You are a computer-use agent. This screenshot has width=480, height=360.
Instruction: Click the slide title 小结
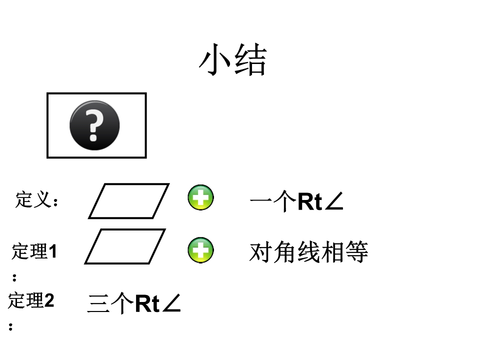click(x=232, y=59)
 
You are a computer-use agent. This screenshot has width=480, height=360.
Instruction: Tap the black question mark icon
click(x=94, y=125)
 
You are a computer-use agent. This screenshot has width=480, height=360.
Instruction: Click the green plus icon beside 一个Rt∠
click(x=201, y=197)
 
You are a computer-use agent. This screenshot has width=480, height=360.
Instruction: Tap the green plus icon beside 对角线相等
click(x=201, y=250)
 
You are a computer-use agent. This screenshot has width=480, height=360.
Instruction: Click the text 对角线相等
click(x=308, y=252)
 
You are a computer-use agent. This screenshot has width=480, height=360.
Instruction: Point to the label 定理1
click(x=34, y=251)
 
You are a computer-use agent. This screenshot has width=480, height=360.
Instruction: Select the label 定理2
click(x=31, y=300)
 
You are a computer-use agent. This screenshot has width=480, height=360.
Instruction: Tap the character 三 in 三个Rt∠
click(x=98, y=303)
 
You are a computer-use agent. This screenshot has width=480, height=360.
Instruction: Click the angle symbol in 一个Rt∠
click(x=334, y=201)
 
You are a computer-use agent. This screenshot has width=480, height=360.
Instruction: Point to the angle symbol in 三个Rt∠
click(x=171, y=303)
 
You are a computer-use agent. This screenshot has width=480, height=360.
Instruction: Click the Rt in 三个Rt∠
click(x=147, y=303)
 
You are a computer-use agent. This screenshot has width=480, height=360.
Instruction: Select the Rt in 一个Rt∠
click(x=310, y=201)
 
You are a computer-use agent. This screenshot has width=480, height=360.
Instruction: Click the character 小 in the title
click(x=215, y=59)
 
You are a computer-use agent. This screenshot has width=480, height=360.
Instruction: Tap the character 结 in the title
click(x=250, y=59)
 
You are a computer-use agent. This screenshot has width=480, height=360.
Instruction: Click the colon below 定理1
click(x=14, y=277)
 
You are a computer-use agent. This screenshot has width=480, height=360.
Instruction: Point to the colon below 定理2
click(x=10, y=326)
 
